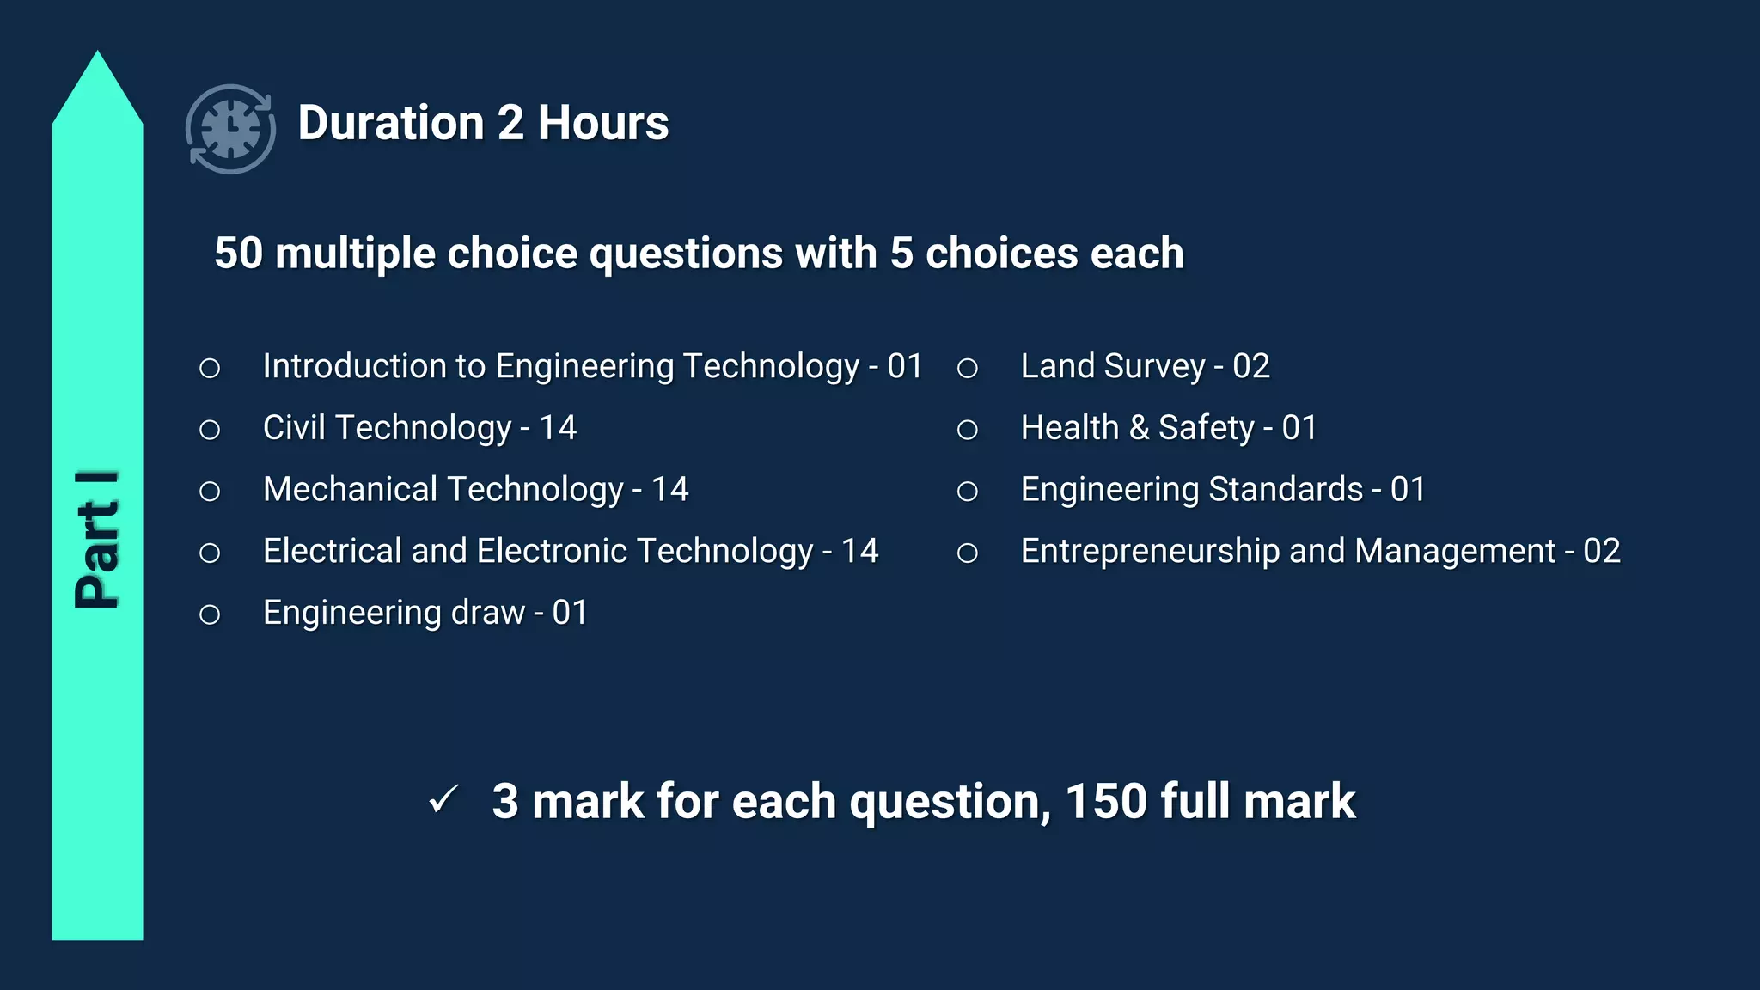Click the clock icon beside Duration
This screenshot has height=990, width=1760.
[230, 129]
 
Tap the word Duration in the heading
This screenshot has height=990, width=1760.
[391, 123]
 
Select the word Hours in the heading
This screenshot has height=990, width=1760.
[602, 123]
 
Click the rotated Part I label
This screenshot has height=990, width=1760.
[97, 540]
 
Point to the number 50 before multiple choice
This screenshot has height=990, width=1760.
[238, 254]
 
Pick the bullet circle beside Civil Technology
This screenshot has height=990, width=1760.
[210, 430]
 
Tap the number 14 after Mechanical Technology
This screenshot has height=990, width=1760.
[669, 490]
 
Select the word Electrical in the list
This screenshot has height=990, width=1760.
[332, 551]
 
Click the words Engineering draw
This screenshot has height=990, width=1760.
[394, 613]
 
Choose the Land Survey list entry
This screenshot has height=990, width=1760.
[1145, 367]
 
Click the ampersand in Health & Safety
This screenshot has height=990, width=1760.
[1139, 428]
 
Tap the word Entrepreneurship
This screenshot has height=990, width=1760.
[1150, 551]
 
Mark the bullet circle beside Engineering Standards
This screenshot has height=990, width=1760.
[968, 492]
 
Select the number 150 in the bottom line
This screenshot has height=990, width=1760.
[1106, 801]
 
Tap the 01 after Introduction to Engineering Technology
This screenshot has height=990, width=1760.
[904, 367]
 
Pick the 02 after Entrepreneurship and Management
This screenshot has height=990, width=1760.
[1602, 551]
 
